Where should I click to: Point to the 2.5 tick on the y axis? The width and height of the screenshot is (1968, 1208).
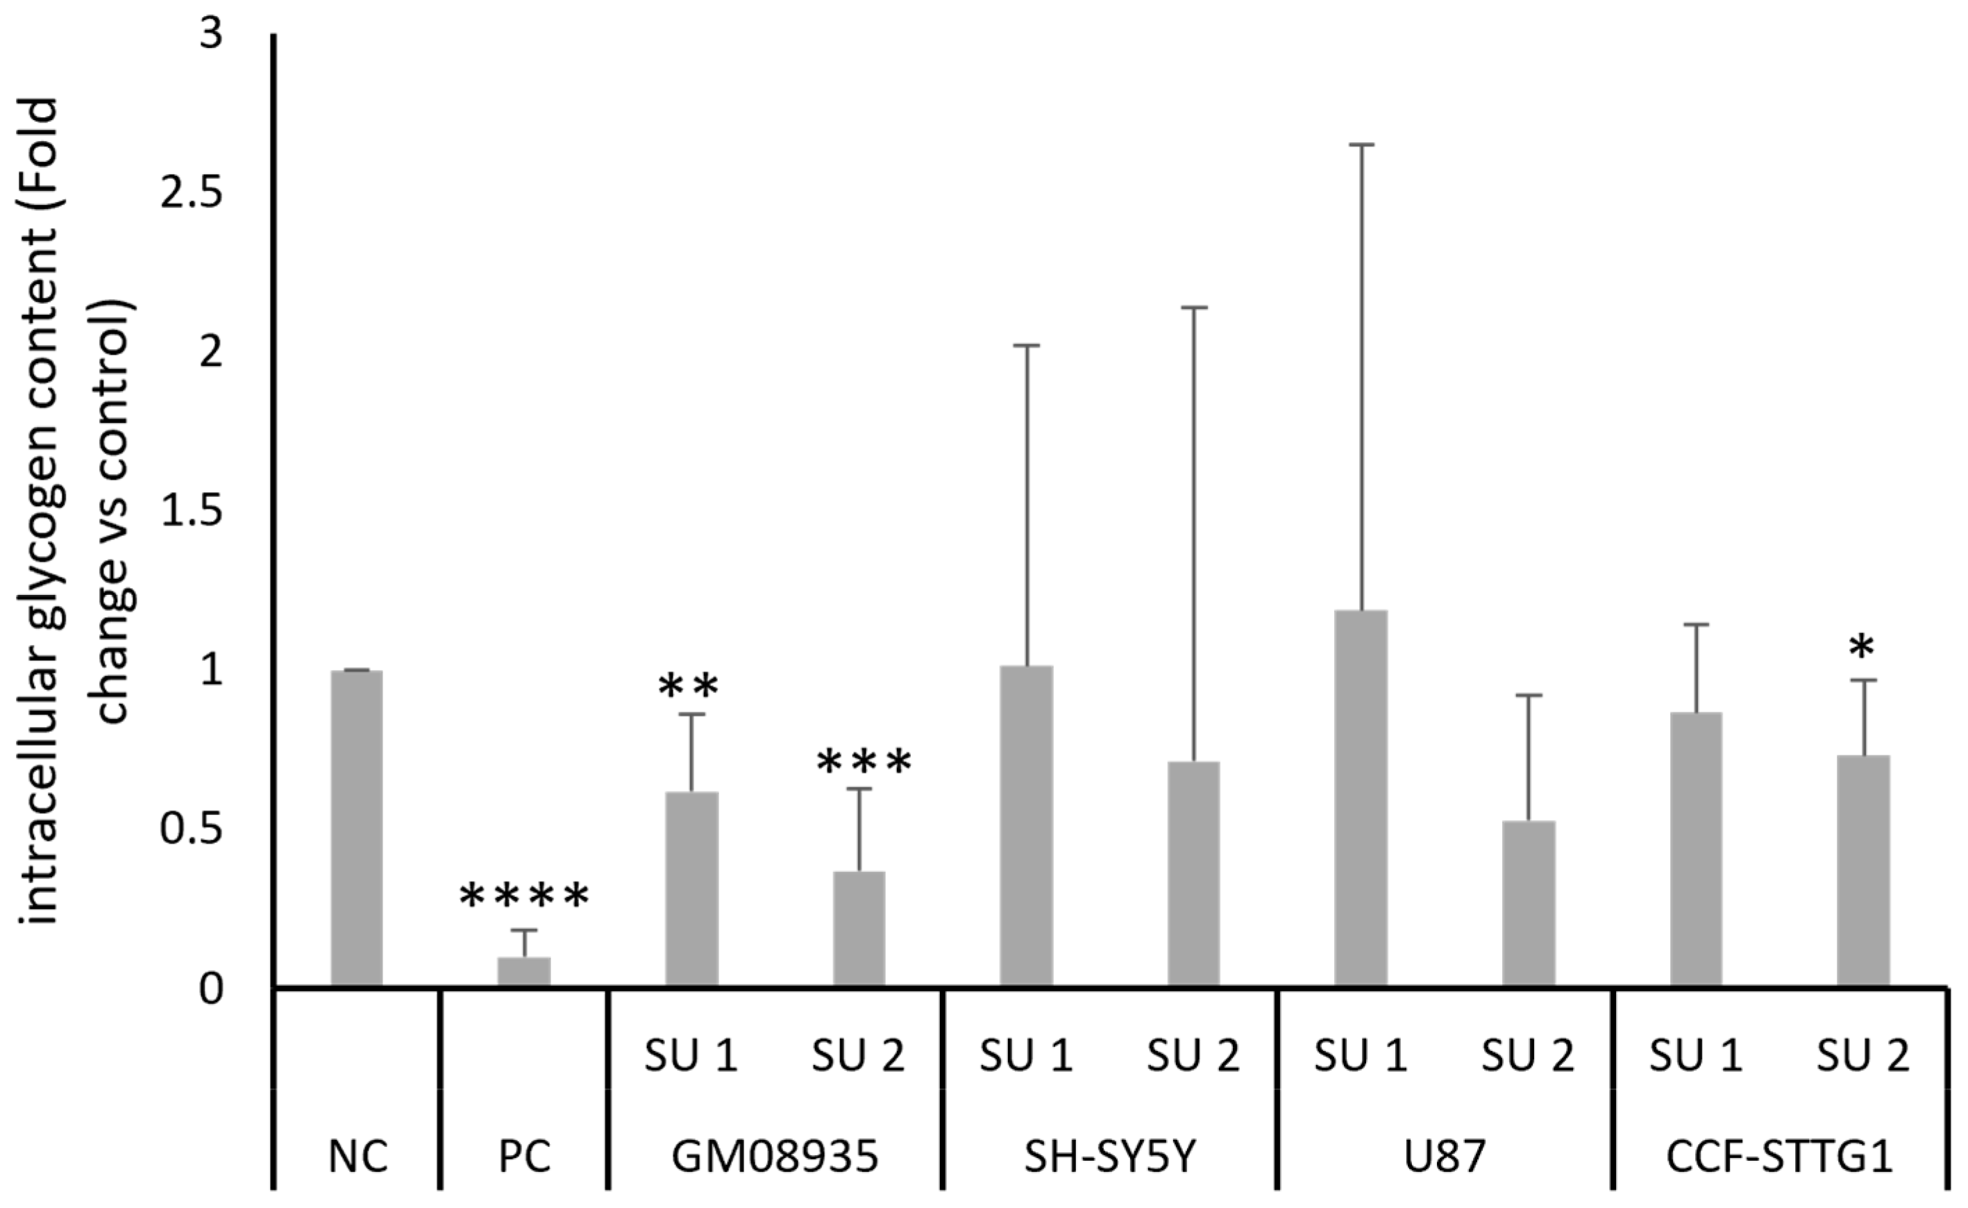(x=191, y=196)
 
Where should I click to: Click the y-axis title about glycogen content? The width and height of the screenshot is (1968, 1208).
(x=76, y=512)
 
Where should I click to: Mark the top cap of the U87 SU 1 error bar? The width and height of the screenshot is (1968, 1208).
(x=1361, y=144)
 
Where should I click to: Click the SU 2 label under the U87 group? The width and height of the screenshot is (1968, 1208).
(x=1528, y=1056)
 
